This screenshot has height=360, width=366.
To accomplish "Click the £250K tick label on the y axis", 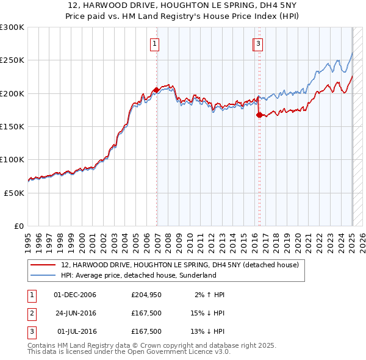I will pos(12,60).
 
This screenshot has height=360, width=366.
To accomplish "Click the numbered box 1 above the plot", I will pos(155,43).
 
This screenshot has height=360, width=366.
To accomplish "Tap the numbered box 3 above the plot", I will pos(259,43).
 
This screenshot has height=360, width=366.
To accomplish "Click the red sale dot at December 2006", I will pos(156,90).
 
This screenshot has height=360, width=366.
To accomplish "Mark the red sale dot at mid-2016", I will pos(259,115).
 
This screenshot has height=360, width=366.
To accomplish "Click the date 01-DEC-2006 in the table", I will pos(75,295).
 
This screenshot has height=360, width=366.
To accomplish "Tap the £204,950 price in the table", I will pos(146,295).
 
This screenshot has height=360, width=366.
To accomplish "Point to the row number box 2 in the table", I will pos(32,314).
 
